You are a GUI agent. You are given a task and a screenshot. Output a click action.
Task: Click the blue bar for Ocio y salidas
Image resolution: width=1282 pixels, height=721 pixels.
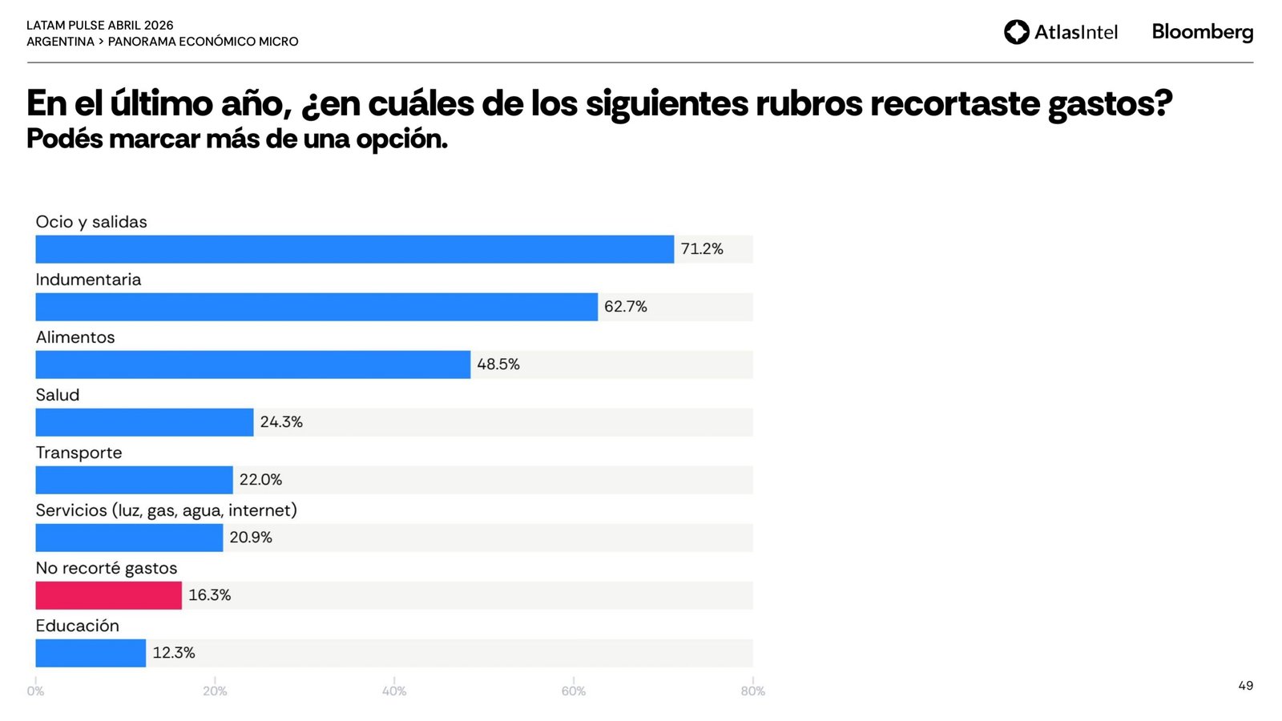pos(354,249)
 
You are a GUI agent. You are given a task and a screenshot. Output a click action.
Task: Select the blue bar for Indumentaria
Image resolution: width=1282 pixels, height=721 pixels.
pos(316,307)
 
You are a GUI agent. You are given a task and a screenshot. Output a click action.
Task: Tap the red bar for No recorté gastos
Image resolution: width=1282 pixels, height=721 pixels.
pos(108,595)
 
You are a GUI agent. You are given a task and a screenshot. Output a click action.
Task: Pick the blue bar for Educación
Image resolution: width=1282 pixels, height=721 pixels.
pos(91,653)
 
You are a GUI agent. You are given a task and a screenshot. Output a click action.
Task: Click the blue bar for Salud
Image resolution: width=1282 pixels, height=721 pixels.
pos(144,422)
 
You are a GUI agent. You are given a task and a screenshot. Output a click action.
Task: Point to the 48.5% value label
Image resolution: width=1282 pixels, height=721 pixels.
pos(498,365)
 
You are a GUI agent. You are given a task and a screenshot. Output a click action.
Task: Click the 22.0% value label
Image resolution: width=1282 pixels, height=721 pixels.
pos(260,480)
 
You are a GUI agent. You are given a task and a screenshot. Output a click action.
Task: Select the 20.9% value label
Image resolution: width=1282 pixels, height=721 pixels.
pos(251,538)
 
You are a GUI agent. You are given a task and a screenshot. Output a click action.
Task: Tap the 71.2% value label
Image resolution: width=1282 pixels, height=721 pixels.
pos(702,249)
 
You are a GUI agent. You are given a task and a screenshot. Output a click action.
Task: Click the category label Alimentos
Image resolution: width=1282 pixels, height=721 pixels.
pos(75,337)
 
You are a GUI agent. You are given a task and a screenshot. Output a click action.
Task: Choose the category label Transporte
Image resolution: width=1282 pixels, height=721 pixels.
pos(79,453)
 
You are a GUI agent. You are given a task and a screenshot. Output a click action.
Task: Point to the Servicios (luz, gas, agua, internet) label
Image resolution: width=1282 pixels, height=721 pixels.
pos(166,510)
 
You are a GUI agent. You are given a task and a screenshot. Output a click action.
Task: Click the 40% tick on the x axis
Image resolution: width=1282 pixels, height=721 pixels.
pos(394,691)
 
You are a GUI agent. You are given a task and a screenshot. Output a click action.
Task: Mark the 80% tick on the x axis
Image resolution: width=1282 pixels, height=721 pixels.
pos(752,691)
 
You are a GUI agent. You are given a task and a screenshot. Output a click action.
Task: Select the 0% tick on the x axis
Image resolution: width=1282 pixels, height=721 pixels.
pos(35,691)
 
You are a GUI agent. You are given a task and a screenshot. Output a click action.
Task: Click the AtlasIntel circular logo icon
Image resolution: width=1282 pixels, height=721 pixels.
pos(1016,32)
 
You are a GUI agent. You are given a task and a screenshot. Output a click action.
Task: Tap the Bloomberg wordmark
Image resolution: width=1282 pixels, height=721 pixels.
pos(1202,32)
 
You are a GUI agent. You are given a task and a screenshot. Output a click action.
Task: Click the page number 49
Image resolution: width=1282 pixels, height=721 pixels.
pos(1245,686)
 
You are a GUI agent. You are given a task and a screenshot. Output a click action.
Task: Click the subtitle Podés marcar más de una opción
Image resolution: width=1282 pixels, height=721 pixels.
pos(237,139)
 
